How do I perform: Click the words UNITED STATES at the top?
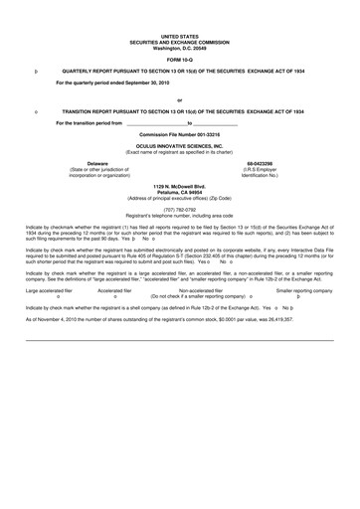click(x=179, y=33)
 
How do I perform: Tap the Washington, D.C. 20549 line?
click(x=179, y=45)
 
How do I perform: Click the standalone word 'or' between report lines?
click(x=179, y=99)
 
